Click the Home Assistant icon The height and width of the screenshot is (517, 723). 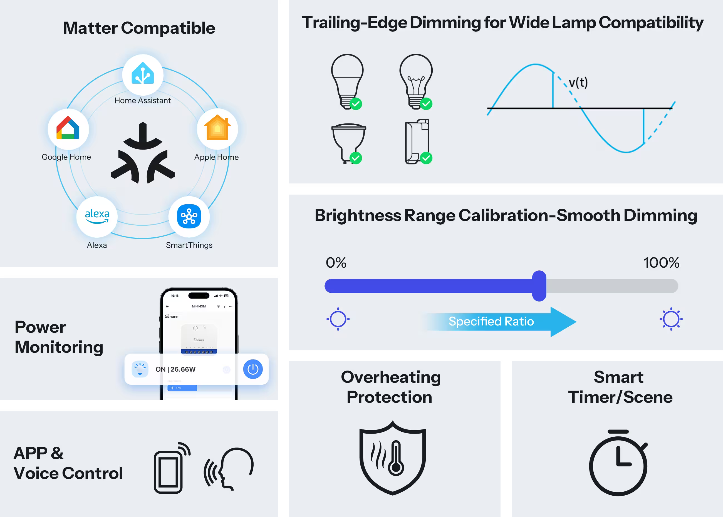click(143, 74)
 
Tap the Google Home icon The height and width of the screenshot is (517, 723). click(68, 129)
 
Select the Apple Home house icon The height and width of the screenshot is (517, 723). click(217, 128)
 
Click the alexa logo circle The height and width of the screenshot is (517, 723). click(97, 217)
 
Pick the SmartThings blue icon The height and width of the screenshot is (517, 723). click(189, 217)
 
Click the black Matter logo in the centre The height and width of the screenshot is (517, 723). click(143, 153)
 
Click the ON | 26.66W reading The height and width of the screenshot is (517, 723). click(175, 369)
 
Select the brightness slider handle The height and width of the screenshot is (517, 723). click(539, 285)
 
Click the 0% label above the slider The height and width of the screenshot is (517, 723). click(336, 263)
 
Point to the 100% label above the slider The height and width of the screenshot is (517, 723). click(661, 263)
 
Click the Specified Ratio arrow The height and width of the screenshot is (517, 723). click(499, 322)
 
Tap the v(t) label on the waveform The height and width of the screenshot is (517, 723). click(578, 83)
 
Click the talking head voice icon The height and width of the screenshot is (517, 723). click(230, 468)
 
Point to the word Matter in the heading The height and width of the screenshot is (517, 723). click(90, 28)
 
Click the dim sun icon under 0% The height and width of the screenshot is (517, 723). click(338, 319)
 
